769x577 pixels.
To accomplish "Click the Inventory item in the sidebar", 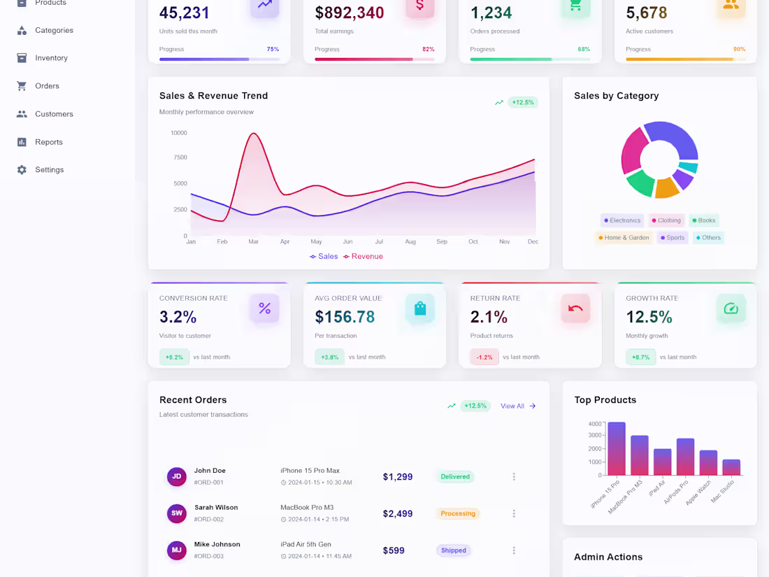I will pos(51,58).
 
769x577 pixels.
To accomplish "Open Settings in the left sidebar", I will pos(49,170).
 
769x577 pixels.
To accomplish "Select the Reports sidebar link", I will pos(48,142).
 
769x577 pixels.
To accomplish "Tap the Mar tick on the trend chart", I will pos(253,241).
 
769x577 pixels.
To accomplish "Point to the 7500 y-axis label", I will pos(180,157).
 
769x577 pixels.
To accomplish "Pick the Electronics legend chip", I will pos(622,220).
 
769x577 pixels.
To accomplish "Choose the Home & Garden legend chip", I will pos(623,238).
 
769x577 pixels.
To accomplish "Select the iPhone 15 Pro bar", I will pos(616,448).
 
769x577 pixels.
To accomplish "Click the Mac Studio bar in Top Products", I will pos(731,467).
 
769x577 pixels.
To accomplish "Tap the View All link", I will pos(518,406).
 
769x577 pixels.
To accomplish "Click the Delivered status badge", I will pos(455,477).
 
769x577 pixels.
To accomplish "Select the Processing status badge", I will pos(458,513).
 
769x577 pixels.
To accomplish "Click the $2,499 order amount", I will pos(398,513).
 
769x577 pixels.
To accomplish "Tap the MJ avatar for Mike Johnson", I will pos(177,550).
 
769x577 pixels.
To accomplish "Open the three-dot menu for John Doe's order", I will pos(514,477).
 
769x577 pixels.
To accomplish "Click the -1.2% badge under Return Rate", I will pos(484,357).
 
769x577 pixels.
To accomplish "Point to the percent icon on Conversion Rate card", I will pos(265,308).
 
